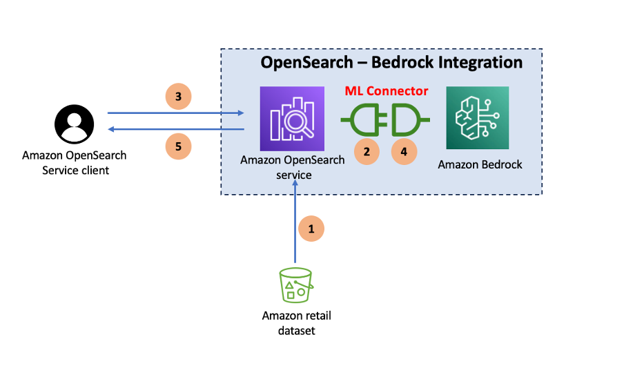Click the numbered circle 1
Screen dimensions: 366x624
[x=311, y=229]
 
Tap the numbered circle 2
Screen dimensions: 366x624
[x=367, y=151]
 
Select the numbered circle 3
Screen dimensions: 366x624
[x=178, y=97]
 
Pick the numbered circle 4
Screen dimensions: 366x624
[x=404, y=151]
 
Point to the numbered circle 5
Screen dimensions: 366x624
[x=178, y=146]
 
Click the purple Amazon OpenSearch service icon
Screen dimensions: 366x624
[x=291, y=118]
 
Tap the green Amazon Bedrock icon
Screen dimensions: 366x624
[x=477, y=118]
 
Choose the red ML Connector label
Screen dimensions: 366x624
[x=386, y=91]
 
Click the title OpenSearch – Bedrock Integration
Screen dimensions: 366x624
[x=391, y=62]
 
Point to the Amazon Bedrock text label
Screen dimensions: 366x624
[x=477, y=164]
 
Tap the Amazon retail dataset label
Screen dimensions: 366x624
[x=296, y=323]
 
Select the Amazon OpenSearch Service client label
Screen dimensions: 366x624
[x=74, y=162]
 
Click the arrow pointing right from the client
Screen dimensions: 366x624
[x=176, y=113]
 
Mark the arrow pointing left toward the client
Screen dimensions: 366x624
[x=176, y=129]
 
